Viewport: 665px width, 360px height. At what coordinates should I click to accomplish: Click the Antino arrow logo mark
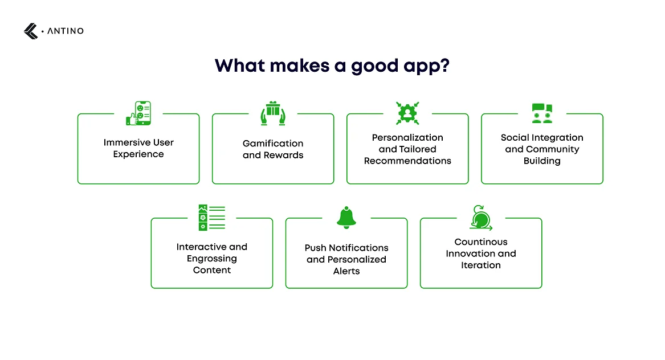tap(31, 31)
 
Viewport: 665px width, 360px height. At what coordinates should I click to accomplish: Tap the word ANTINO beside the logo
tap(66, 31)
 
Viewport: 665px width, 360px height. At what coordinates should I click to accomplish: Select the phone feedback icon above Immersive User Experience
tap(138, 113)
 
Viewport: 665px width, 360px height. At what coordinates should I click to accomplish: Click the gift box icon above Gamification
tap(273, 113)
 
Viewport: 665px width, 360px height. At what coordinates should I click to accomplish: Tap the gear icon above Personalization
tap(407, 113)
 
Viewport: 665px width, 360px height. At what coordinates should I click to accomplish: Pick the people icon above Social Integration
tap(542, 113)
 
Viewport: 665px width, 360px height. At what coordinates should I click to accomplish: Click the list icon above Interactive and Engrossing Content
tap(211, 218)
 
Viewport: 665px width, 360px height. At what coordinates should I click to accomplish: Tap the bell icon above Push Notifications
tap(346, 218)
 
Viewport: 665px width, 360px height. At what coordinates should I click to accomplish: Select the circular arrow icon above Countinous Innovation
tap(481, 218)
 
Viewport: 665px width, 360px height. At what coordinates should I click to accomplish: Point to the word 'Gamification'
tap(273, 144)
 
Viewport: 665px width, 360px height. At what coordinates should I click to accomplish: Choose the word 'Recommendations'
tap(407, 161)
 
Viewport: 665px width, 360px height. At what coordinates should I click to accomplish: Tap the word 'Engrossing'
tap(211, 259)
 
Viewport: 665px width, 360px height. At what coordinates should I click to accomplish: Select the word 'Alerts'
tap(346, 271)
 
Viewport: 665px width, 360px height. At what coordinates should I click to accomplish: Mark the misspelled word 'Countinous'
tap(481, 242)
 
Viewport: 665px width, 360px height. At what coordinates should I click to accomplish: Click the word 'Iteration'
tap(481, 265)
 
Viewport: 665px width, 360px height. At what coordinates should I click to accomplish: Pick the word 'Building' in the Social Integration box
tap(542, 161)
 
